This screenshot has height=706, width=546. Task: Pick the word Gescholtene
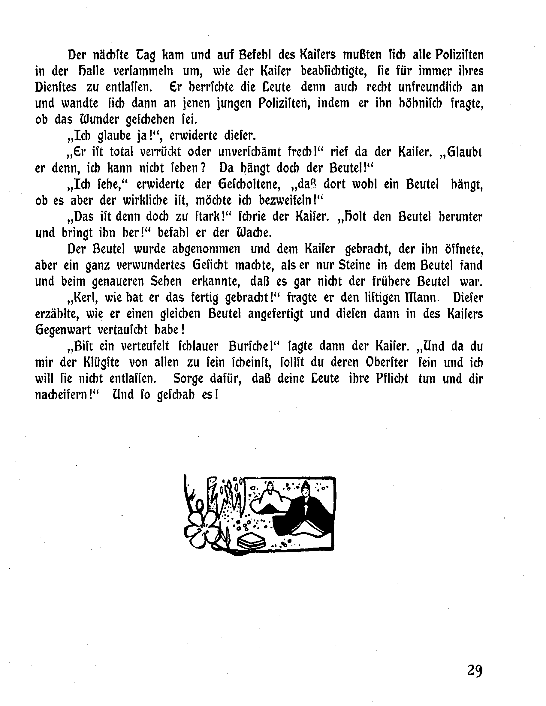[x=249, y=184]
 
